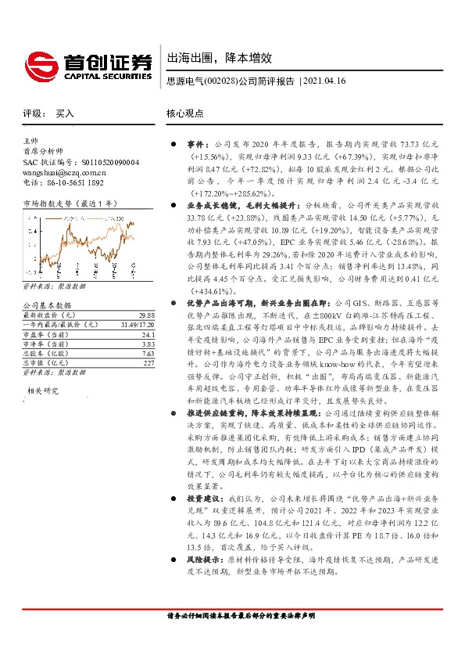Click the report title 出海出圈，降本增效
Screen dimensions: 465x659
coord(219,58)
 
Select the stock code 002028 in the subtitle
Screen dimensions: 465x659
coord(221,81)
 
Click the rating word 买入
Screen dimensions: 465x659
coord(65,113)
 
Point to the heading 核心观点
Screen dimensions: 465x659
coord(185,113)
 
